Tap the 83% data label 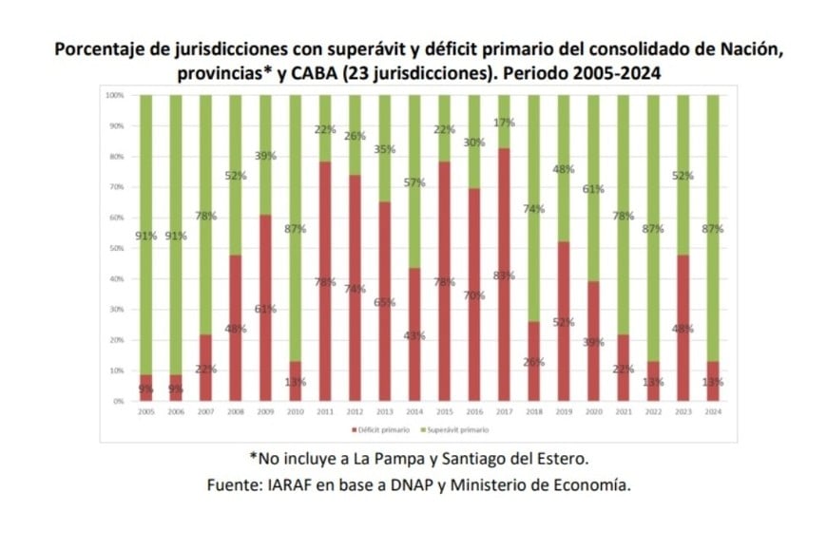click(503, 275)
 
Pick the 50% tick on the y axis click(115, 248)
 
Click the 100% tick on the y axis click(114, 96)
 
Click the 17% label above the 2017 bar click(503, 123)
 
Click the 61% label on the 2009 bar click(265, 308)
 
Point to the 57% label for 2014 click(413, 183)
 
